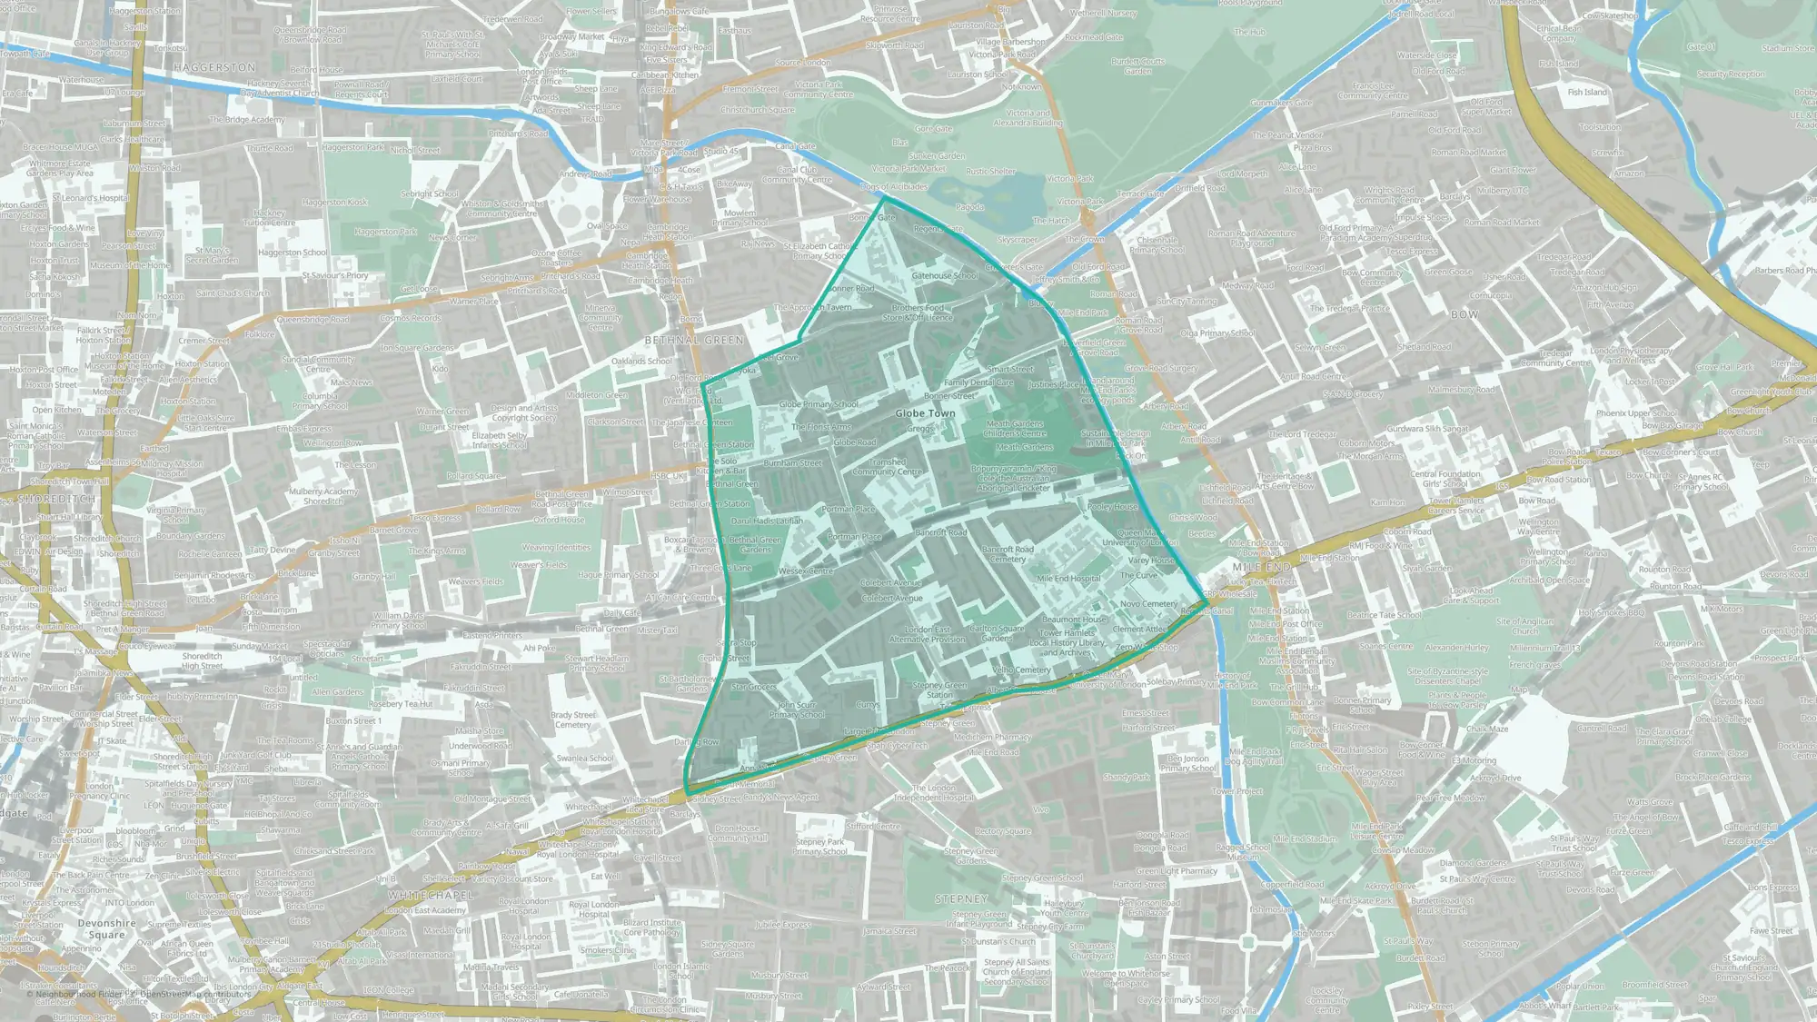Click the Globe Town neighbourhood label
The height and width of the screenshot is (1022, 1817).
point(925,413)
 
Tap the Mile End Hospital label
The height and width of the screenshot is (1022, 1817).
point(1068,579)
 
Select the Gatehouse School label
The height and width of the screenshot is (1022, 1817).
point(945,276)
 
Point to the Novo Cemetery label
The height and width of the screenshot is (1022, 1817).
point(1148,604)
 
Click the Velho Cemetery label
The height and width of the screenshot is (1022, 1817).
point(1021,670)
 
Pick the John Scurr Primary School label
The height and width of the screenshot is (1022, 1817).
point(797,709)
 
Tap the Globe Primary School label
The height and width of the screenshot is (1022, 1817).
point(819,404)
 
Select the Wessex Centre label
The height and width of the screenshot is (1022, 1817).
point(806,571)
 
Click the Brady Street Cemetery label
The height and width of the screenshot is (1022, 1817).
point(573,719)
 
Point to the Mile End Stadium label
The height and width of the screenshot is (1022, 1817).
point(1305,839)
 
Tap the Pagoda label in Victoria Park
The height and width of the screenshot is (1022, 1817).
point(970,207)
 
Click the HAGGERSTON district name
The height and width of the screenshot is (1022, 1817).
point(214,68)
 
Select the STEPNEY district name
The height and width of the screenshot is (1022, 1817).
point(961,898)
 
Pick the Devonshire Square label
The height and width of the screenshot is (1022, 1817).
point(107,928)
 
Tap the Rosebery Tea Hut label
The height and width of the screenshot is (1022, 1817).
point(401,704)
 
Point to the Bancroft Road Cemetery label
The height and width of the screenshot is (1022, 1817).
point(1008,554)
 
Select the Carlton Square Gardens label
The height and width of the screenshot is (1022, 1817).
point(997,633)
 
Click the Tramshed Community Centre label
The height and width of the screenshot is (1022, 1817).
point(888,467)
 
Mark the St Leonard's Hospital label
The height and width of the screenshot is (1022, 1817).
point(91,198)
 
